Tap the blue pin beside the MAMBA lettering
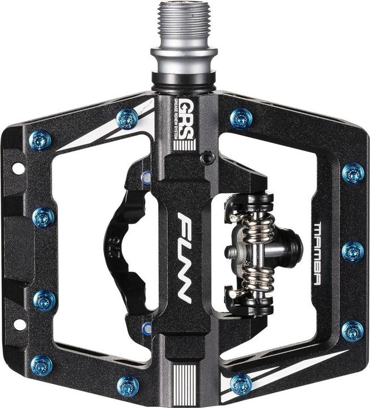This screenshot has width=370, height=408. (x=352, y=251)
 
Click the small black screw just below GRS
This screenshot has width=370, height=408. (x=209, y=156)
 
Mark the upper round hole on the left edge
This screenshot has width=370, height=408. (x=18, y=168)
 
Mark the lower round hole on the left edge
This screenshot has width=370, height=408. (x=18, y=325)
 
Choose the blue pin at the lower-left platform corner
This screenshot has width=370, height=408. (x=41, y=364)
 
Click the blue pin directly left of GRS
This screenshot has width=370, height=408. (x=126, y=118)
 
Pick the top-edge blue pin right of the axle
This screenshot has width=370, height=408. (x=242, y=118)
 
